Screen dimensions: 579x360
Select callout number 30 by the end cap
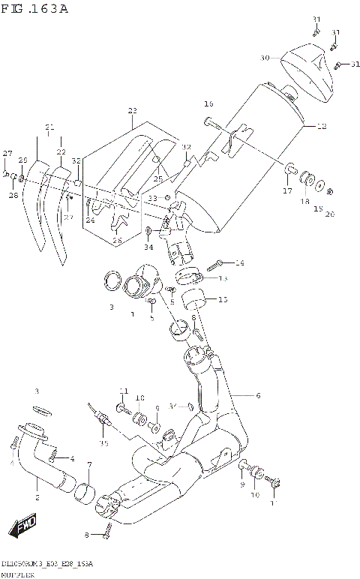(265, 58)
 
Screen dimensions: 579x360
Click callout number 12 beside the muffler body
(321, 127)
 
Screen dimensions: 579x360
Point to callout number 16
(208, 103)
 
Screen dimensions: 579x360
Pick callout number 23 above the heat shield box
(133, 110)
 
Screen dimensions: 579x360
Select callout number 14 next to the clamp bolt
(240, 262)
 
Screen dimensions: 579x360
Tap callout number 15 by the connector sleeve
(222, 300)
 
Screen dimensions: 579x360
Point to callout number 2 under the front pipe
(37, 496)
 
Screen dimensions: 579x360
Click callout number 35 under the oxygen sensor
(104, 443)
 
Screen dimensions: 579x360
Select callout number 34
(148, 247)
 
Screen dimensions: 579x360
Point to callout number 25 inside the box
(158, 179)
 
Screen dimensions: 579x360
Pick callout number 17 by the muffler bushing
(287, 191)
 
